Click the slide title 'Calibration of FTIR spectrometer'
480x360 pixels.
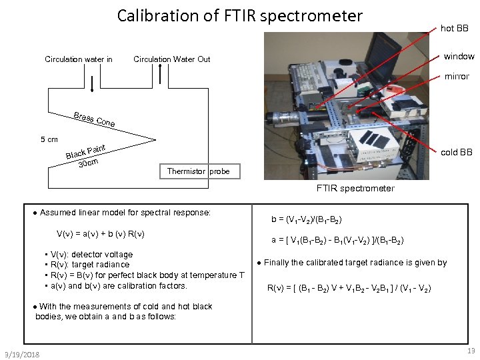(240, 16)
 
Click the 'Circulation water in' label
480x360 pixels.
(79, 59)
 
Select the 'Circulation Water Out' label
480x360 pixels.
(172, 59)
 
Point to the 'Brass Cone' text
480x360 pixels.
(95, 119)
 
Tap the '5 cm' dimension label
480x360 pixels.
(49, 139)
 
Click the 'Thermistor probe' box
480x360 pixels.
(198, 171)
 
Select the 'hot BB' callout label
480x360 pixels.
(454, 29)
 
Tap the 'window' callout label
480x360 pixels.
(459, 57)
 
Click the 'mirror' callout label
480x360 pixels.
(457, 77)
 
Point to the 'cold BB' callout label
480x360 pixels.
(456, 153)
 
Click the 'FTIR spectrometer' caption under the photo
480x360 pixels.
(355, 189)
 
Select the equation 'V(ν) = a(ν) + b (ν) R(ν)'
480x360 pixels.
(101, 233)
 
